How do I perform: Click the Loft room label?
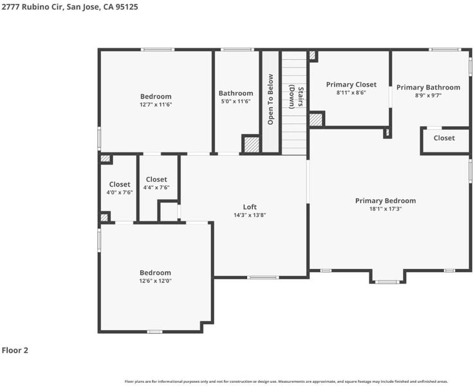[250, 207]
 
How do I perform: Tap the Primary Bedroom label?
[386, 201]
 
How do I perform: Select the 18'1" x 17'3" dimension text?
[386, 208]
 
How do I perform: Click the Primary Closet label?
[351, 84]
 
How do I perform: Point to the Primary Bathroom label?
[428, 87]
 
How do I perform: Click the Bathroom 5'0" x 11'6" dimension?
[236, 101]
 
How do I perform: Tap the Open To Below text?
[270, 99]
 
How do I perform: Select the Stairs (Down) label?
[296, 97]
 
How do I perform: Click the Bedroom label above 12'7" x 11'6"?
[156, 96]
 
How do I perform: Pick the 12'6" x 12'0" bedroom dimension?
[155, 280]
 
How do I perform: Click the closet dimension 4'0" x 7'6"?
[120, 192]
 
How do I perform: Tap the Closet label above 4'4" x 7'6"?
[156, 179]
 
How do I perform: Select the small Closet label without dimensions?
[444, 138]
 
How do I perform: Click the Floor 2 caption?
[15, 350]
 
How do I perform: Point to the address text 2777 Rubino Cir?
[32, 6]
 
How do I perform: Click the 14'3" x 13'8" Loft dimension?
[250, 215]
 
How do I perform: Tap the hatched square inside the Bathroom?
[252, 145]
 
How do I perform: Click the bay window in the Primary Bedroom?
[387, 282]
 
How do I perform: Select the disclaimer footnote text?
[286, 381]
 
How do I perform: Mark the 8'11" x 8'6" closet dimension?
[351, 93]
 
